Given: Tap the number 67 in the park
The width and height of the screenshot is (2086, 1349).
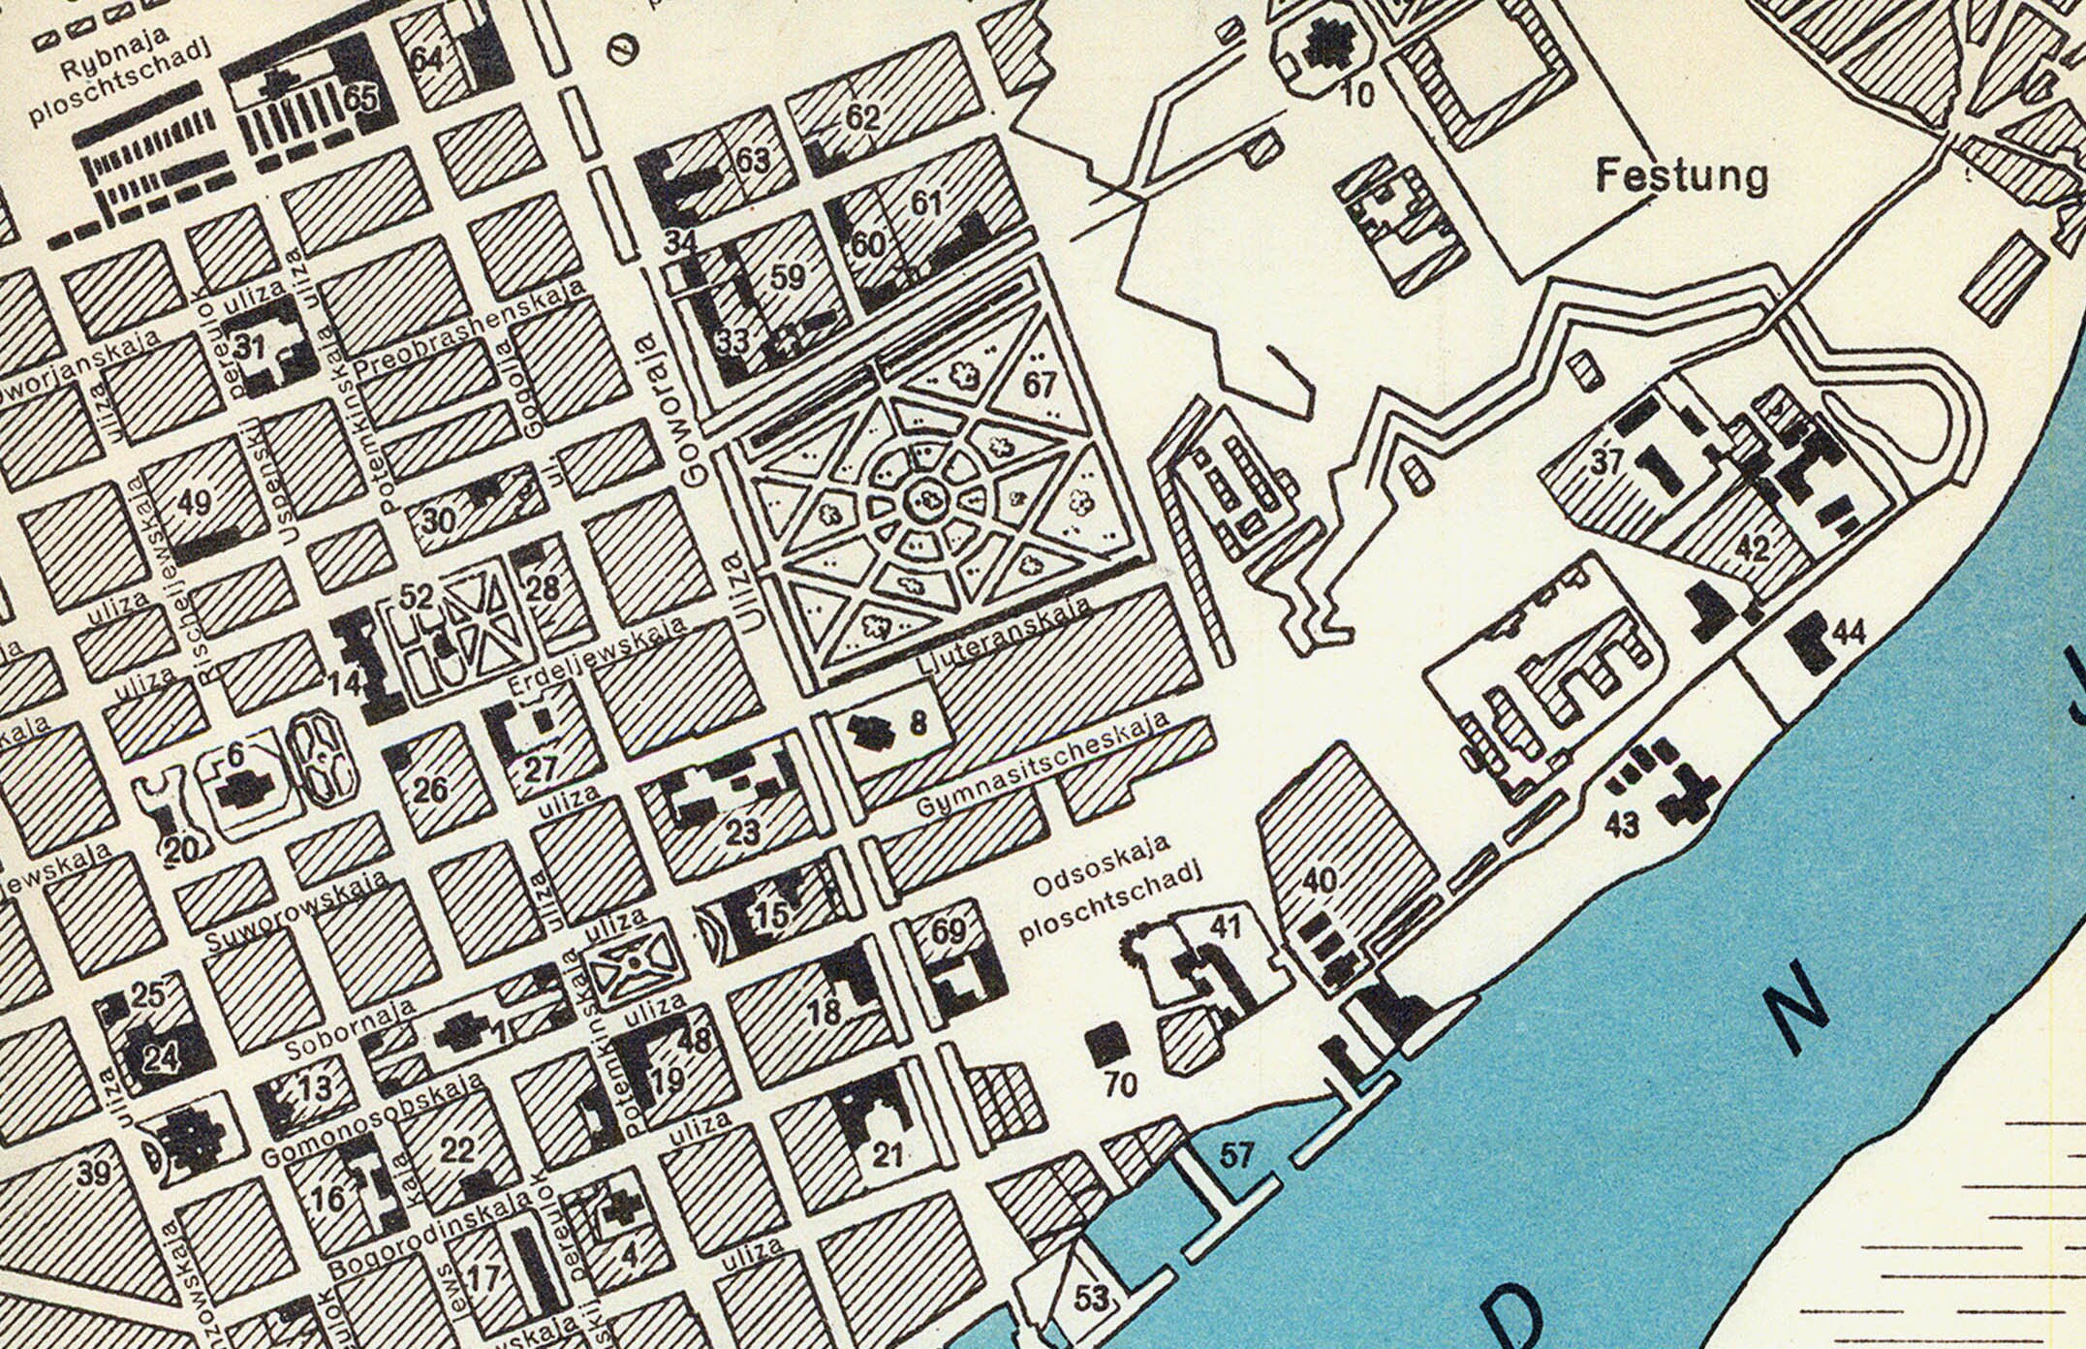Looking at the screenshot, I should coord(1039,385).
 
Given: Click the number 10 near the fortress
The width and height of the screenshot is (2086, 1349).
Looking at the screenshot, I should coord(1360,95).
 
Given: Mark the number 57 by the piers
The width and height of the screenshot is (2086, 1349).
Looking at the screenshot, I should coord(1236,1155).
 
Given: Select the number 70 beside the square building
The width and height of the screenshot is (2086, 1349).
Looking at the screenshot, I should coord(1121,1084).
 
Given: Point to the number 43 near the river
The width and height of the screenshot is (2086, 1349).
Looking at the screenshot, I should coord(1622,825).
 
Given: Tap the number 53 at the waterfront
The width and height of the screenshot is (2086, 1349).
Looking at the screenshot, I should coord(1091,1298).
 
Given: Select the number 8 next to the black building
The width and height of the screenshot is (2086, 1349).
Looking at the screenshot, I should coord(918,722).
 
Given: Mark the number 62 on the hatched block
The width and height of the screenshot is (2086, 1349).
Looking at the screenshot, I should coord(862,118).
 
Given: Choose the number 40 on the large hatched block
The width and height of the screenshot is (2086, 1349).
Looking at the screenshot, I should coord(1321,881).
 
